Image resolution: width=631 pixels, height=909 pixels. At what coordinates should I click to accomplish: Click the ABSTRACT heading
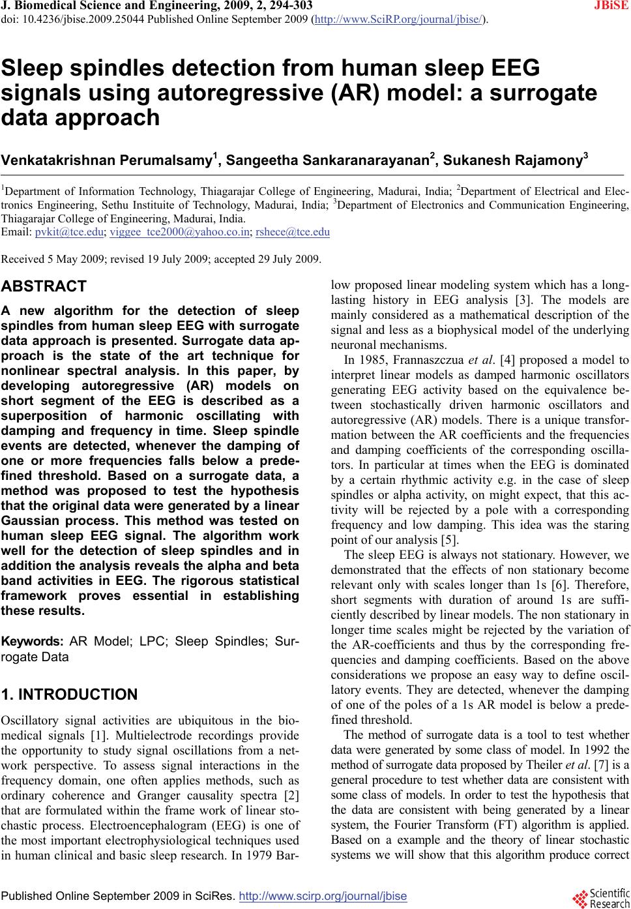[44, 287]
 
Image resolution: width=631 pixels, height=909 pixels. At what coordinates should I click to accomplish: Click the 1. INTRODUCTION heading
[69, 694]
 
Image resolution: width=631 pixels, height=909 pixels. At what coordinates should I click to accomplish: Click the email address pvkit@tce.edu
[70, 232]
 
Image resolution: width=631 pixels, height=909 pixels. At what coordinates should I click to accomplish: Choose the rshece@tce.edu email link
[293, 232]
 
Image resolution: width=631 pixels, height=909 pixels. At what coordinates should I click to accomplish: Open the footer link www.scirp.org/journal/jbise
[323, 897]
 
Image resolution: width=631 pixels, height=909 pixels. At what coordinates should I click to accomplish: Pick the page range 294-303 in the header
[287, 7]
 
